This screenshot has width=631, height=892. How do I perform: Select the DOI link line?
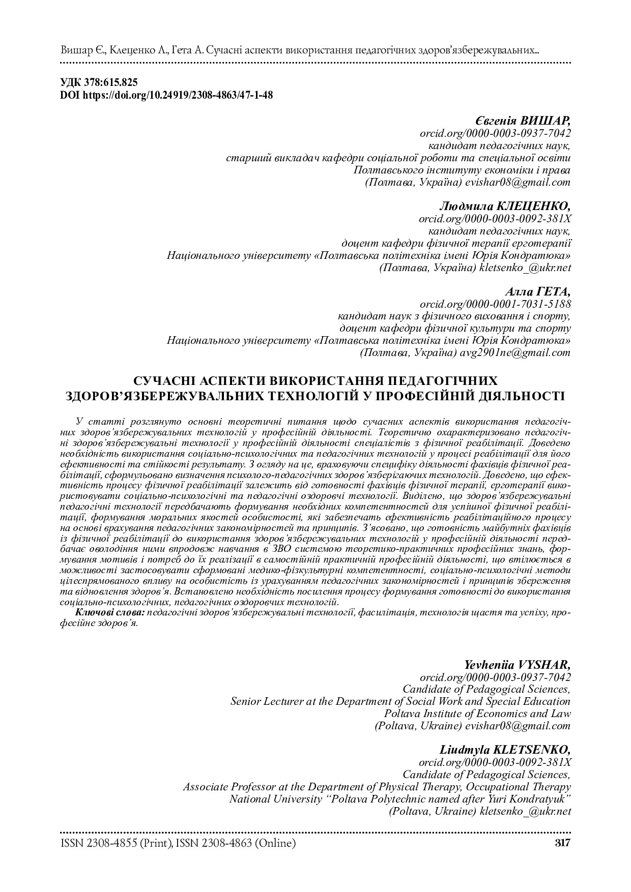166,95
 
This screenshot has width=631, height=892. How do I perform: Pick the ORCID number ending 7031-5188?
495,304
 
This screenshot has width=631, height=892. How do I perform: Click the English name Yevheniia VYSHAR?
517,665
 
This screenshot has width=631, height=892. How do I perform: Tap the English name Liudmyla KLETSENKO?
505,750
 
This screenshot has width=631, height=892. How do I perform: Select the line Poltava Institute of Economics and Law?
477,713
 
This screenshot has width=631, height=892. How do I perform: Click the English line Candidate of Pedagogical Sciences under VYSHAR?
486,689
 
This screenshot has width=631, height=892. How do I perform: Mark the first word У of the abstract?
78,422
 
